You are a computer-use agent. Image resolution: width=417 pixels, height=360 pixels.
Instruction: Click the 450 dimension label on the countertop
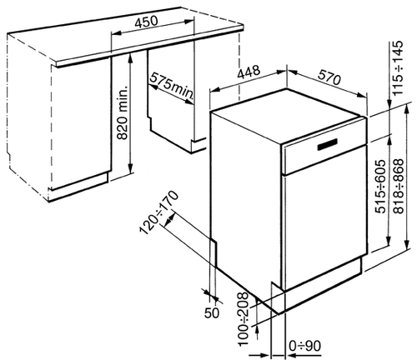pos(146,22)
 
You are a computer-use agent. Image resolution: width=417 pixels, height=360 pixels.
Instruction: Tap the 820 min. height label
pos(123,112)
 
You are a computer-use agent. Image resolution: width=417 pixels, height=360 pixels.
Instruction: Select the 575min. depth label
pos(172,86)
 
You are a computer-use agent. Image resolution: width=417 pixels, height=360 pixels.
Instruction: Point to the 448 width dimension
pos(249,72)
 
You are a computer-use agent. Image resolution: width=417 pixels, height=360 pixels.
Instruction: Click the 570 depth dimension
pos(329,77)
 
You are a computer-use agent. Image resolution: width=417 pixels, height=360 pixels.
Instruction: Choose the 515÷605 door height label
pos(380,187)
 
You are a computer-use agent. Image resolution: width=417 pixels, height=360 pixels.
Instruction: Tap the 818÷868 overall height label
pos(399,187)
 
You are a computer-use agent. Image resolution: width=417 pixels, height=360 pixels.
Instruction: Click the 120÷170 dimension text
pos(158,212)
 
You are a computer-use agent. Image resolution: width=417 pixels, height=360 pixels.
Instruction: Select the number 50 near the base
pos(212,312)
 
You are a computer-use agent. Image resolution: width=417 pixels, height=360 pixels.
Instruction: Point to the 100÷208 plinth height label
pos(244,319)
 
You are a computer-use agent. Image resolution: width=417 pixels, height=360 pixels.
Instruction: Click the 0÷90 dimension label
pos(305,346)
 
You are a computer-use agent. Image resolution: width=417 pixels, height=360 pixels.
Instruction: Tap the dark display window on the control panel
pos(327,144)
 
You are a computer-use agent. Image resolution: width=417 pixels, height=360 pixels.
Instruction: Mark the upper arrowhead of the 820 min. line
pos(130,57)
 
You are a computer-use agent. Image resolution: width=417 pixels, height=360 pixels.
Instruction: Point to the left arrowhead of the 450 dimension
pos(116,33)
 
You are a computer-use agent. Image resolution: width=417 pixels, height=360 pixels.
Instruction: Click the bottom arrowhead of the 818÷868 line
pos(407,245)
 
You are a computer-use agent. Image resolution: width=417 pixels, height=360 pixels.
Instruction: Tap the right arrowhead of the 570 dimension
pos(362,95)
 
